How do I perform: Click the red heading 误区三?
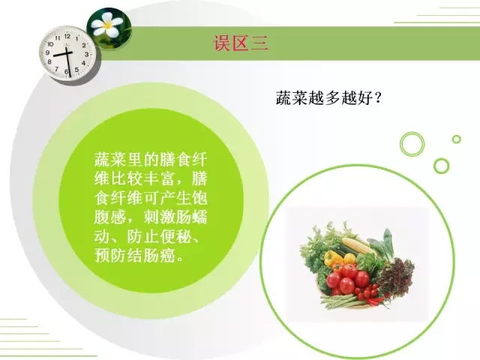241,43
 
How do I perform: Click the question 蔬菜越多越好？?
328,98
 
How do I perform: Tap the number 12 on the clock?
67,37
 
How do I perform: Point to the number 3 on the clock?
87,54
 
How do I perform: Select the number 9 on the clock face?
48,52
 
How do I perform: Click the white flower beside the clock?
107,24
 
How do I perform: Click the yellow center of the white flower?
107,24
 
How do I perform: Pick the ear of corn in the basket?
358,245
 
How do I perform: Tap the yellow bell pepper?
333,258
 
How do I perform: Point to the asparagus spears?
340,301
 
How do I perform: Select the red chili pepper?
377,301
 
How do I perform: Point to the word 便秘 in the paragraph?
175,236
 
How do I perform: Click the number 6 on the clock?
67,71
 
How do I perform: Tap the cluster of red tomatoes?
348,278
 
